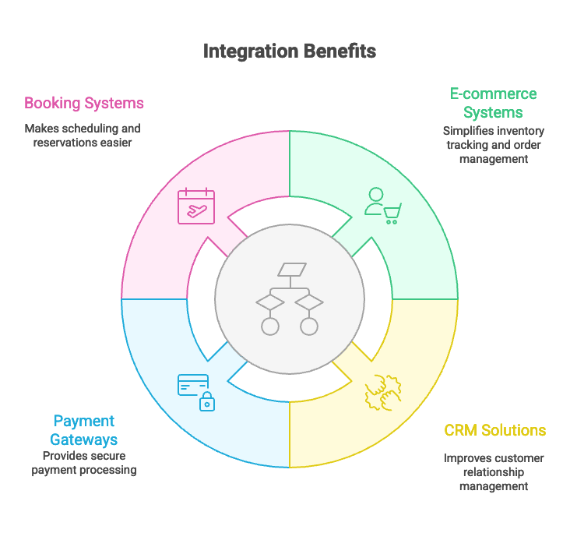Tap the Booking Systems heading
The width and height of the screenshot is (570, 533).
[x=84, y=103]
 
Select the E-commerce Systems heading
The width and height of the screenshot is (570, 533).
[x=493, y=103]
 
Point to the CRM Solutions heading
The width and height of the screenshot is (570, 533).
[x=494, y=430]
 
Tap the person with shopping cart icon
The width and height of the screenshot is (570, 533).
[x=382, y=206]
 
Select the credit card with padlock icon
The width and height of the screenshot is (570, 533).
[x=195, y=391]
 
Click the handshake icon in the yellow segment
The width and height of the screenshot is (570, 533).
[x=382, y=391]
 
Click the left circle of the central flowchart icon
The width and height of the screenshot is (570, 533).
[x=270, y=326]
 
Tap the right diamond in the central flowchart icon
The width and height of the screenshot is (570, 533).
[x=309, y=302]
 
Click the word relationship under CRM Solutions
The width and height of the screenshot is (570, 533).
[x=494, y=472]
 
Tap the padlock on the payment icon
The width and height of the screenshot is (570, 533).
[x=206, y=403]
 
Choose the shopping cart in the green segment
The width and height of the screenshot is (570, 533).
[x=391, y=213]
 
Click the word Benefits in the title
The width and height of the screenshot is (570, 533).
[x=341, y=51]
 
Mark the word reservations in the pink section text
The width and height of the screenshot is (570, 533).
[x=67, y=143]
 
